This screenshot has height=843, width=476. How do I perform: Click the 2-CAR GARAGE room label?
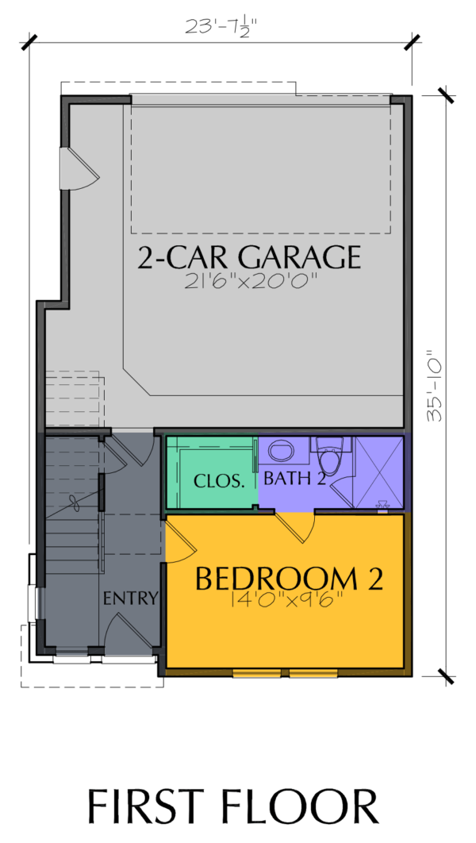(x=249, y=257)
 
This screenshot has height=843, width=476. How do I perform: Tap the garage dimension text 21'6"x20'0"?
(x=249, y=281)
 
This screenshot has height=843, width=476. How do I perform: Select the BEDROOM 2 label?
(x=289, y=579)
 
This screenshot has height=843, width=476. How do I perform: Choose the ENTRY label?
(x=131, y=598)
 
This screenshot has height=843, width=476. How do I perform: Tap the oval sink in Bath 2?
(x=281, y=451)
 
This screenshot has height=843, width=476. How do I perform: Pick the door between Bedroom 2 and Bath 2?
(x=294, y=528)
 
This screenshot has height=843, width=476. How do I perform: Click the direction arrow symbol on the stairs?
(x=74, y=504)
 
